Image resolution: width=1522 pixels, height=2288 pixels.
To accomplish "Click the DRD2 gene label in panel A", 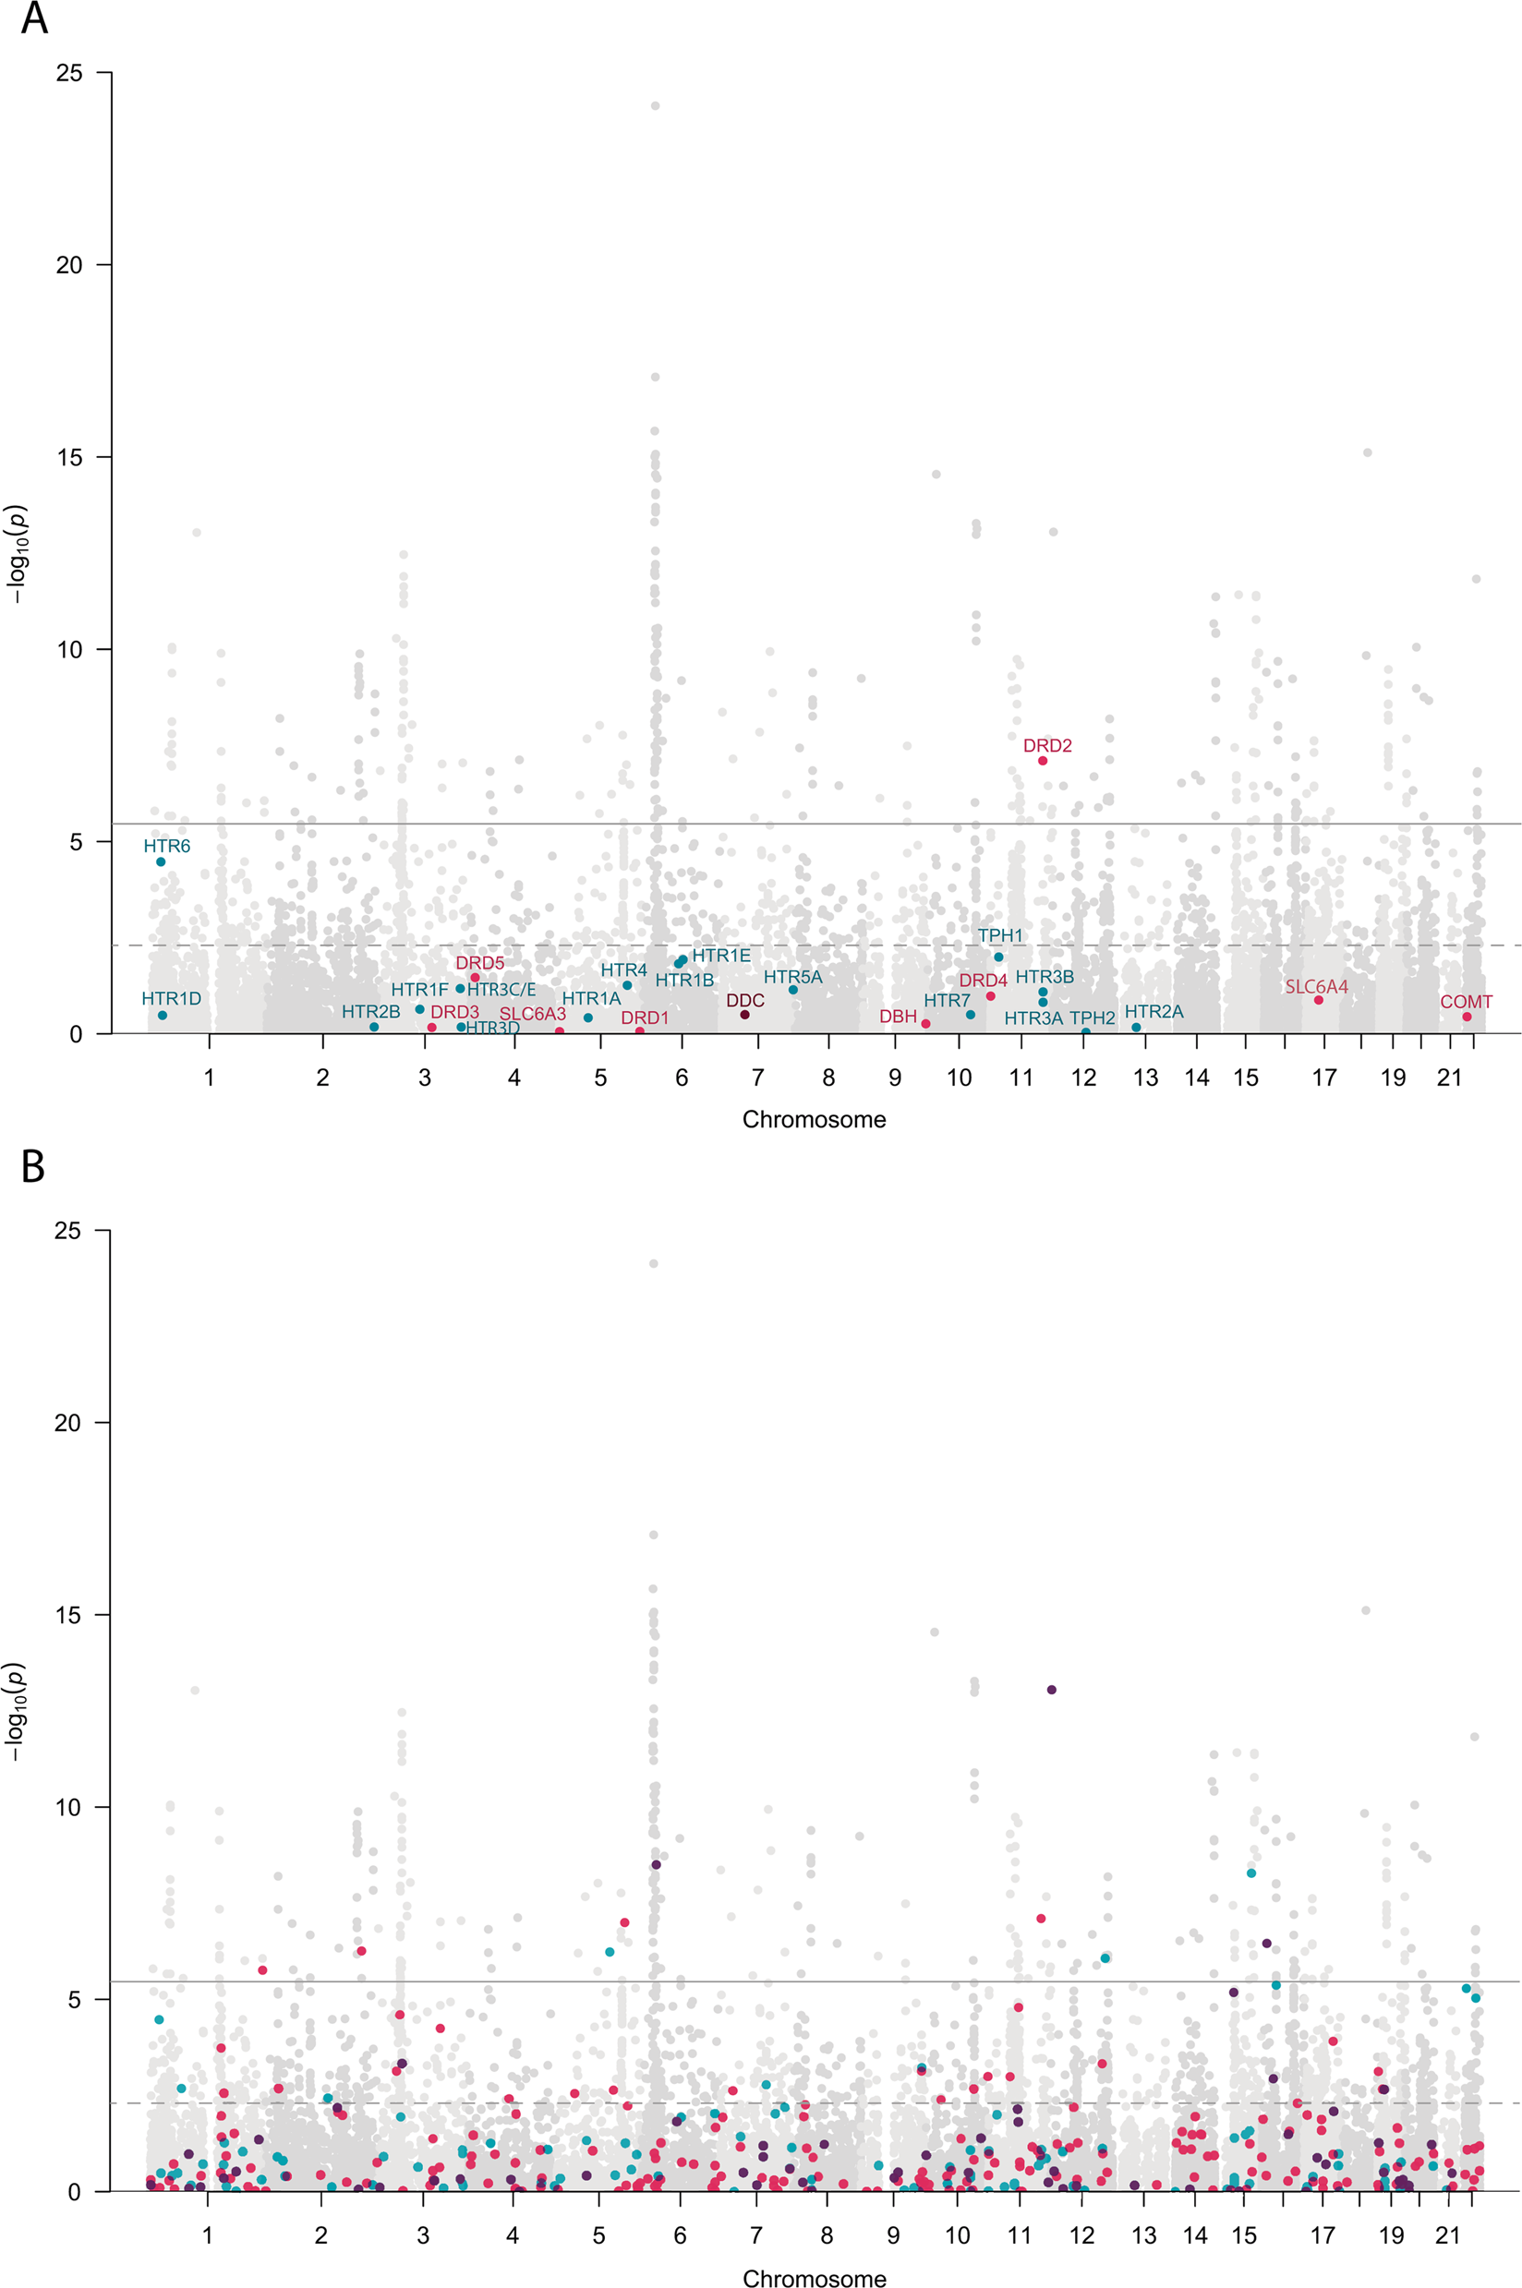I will (x=1047, y=745).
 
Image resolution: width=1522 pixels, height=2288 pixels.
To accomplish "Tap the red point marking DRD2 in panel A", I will (x=1043, y=761).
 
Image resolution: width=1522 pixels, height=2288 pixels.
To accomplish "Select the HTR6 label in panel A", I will (x=167, y=846).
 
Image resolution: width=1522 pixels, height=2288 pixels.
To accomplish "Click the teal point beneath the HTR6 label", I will (x=161, y=861).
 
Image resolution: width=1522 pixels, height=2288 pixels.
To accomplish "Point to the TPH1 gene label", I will (x=1000, y=935).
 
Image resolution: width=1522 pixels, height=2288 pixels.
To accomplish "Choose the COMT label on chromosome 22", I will (x=1466, y=1002).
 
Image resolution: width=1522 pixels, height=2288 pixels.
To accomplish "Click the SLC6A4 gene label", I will (x=1316, y=987).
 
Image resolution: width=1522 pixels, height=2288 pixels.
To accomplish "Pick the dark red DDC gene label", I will (x=745, y=1000).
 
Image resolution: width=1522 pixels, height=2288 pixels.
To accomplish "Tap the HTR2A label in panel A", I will (x=1154, y=1012).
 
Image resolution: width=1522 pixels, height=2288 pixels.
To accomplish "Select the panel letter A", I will (x=34, y=18).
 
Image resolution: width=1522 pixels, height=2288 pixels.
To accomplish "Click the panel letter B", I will (x=33, y=1167).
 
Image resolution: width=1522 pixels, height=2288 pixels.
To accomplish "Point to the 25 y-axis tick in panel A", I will (x=69, y=73).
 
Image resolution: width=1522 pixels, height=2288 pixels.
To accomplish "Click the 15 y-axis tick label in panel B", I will (x=69, y=1616).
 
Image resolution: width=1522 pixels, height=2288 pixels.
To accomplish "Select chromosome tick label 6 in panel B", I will (x=680, y=2235).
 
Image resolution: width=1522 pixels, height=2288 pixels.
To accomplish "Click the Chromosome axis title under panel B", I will (x=814, y=2278).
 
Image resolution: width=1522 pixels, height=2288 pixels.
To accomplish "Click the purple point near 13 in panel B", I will (x=1051, y=1691).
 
